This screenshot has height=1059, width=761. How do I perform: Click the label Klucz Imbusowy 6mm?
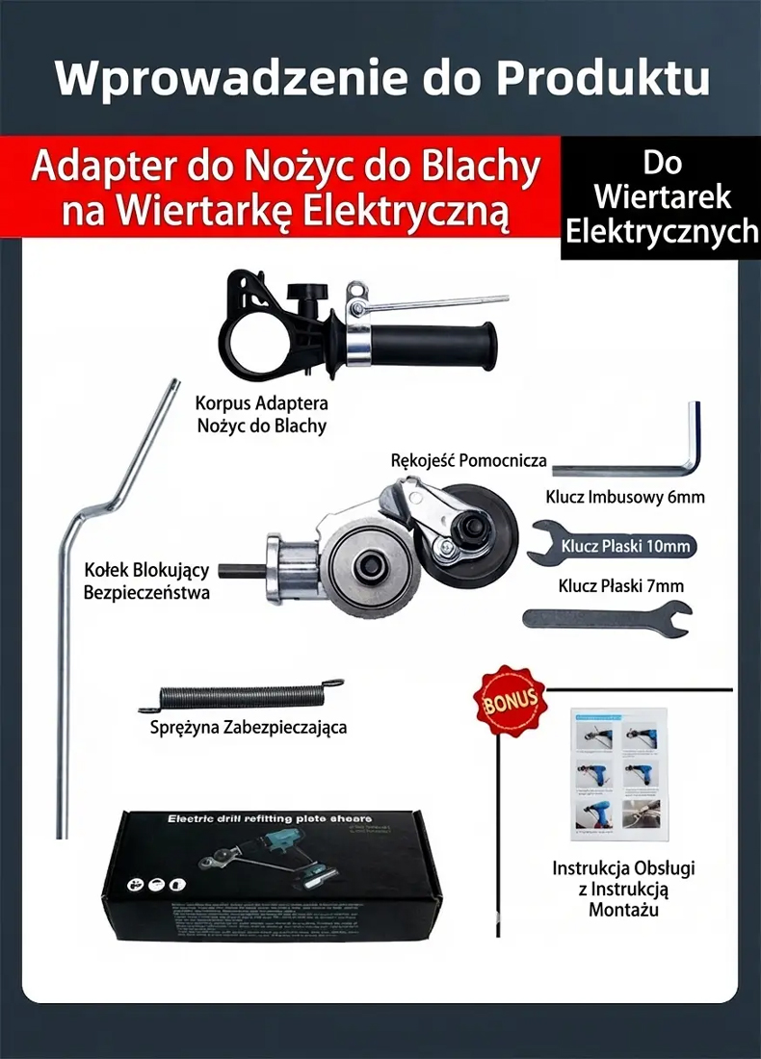point(625,498)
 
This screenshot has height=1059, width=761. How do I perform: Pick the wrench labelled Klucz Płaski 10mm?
point(611,546)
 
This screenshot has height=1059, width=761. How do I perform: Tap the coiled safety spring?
point(241,697)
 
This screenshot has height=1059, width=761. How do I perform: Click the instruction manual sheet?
point(617,770)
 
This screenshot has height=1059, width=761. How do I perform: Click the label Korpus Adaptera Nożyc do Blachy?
point(261,414)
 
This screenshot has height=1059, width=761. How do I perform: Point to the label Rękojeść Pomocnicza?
point(469,460)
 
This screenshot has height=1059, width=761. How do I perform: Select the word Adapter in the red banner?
point(102,167)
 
